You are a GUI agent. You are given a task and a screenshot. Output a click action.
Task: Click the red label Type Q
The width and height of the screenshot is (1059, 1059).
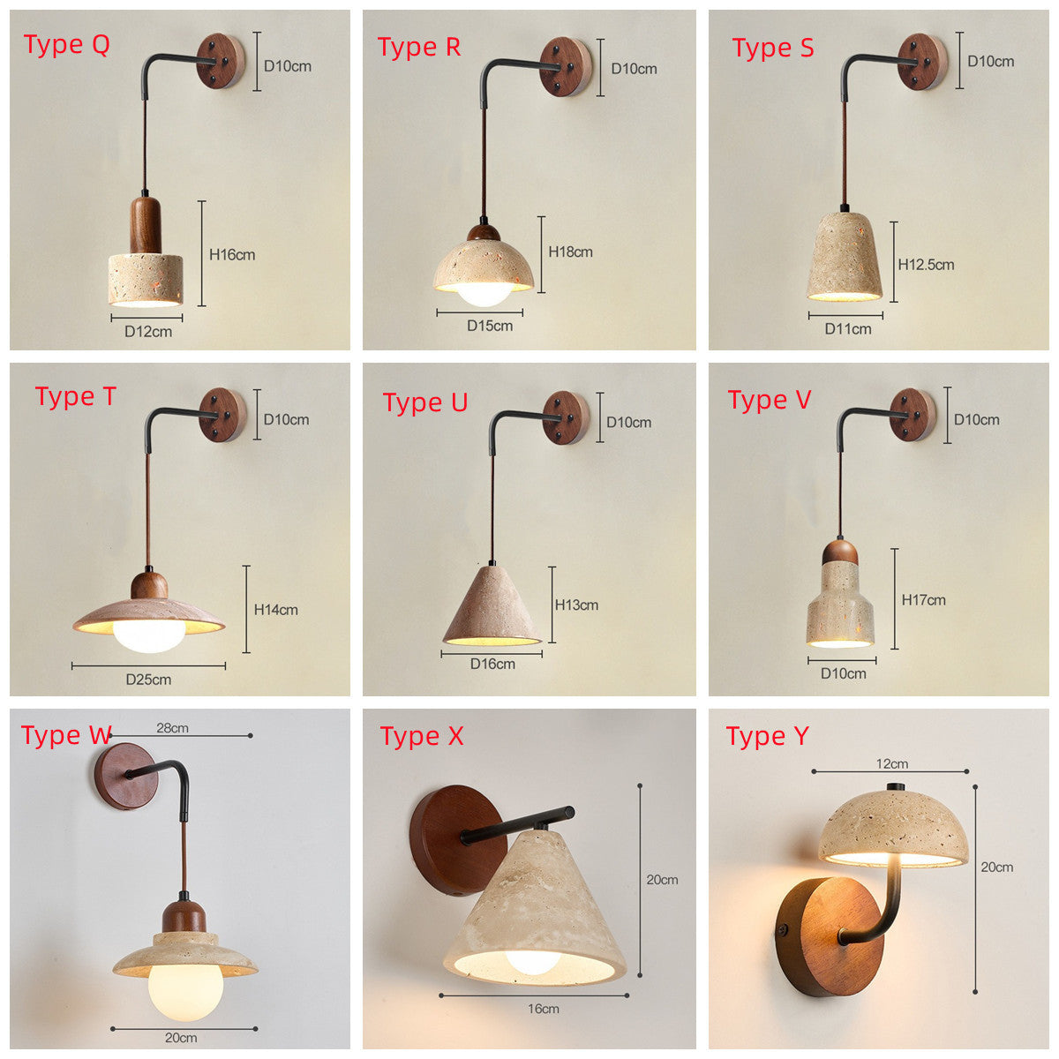tap(66, 45)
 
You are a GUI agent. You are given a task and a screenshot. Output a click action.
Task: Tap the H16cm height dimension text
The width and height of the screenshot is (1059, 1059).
tap(232, 254)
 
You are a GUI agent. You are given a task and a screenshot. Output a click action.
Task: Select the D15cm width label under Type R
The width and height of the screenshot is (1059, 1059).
tap(490, 326)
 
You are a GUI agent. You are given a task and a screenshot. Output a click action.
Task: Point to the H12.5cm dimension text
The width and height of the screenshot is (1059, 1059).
tap(926, 265)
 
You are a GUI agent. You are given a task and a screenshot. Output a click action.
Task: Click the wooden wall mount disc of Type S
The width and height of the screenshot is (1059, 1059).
tap(922, 62)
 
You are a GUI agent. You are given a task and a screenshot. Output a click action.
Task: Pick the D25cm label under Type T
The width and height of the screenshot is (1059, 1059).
tap(148, 680)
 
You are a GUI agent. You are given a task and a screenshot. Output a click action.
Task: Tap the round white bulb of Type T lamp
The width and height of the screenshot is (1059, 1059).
tap(149, 635)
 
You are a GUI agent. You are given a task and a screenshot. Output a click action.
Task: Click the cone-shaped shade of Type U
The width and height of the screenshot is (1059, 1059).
tap(492, 605)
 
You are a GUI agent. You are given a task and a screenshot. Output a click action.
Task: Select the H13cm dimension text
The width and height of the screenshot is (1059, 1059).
tap(576, 605)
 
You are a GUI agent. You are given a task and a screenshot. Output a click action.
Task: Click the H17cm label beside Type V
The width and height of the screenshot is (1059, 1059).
tap(923, 599)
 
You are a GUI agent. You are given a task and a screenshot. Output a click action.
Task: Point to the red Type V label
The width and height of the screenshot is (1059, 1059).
tap(770, 400)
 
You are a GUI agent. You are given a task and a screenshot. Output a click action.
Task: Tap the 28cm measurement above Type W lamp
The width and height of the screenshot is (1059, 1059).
tap(172, 727)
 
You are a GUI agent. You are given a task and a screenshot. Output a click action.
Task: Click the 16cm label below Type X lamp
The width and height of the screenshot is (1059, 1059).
tap(543, 1009)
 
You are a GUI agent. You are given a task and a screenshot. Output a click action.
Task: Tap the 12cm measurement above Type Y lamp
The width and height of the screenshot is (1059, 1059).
tap(892, 764)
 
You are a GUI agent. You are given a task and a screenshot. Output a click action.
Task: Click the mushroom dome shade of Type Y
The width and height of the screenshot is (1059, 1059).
tap(894, 828)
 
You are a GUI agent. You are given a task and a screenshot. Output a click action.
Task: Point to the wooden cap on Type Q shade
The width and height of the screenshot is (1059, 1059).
tap(146, 225)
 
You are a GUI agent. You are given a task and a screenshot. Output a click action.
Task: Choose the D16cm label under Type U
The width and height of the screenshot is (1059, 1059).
tap(492, 664)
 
